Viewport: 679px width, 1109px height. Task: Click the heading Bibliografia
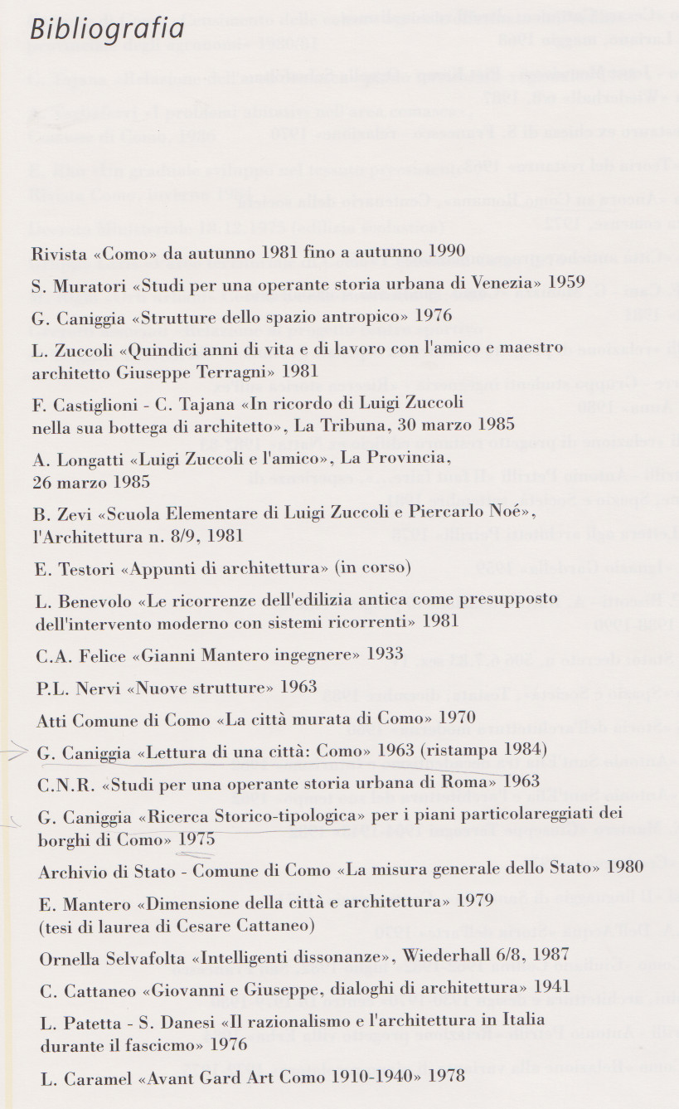click(x=107, y=28)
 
